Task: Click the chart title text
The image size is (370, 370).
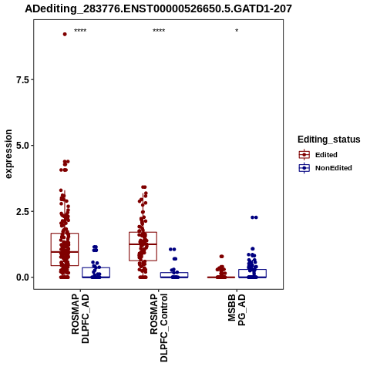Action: [158, 9]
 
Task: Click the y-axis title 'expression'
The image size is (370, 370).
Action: [8, 154]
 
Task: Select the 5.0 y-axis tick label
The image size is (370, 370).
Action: [22, 146]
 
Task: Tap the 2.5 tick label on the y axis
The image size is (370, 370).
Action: [22, 212]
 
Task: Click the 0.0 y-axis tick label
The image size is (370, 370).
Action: [22, 277]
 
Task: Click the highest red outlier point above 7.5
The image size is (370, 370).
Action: [65, 34]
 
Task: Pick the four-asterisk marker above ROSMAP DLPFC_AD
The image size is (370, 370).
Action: [80, 31]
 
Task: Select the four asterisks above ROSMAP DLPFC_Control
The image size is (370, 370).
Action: [159, 31]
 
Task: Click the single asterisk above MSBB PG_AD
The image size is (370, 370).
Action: [237, 31]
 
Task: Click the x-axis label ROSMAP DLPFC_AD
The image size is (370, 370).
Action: [80, 319]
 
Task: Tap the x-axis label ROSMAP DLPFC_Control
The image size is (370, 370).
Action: [159, 328]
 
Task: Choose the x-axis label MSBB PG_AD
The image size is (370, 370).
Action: [237, 310]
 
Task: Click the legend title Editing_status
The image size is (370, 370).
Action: [329, 140]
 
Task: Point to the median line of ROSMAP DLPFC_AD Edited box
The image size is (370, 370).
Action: [65, 252]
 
